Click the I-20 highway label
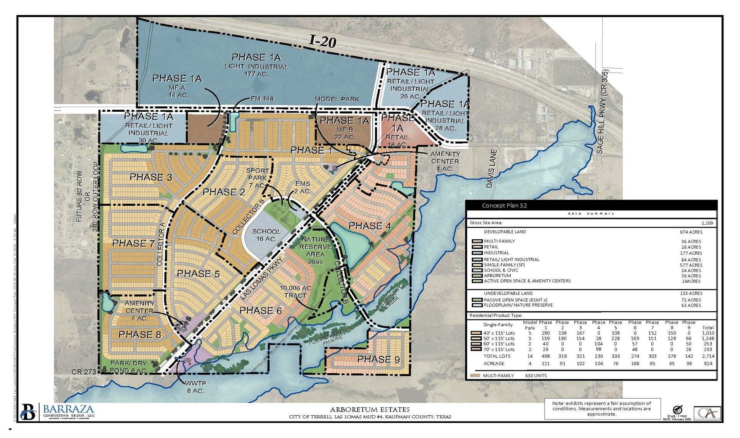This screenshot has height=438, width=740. click(x=323, y=41)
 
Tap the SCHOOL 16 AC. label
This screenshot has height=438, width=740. click(x=266, y=235)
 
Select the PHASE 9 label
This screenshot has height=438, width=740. click(x=378, y=359)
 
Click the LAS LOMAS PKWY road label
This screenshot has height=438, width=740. click(x=262, y=279)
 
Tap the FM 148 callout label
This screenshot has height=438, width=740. click(x=262, y=99)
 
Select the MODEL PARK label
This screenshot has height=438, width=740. click(x=336, y=99)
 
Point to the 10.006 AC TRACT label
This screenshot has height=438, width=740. click(x=296, y=292)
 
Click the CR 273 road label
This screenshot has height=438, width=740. click(x=84, y=372)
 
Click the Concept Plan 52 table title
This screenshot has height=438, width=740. click(x=504, y=205)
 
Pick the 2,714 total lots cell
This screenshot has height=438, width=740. click(x=708, y=356)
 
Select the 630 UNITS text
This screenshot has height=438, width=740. click(x=536, y=375)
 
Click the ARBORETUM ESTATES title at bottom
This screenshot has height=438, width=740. click(x=370, y=409)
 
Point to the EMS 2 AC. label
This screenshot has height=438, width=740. click(x=303, y=188)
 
